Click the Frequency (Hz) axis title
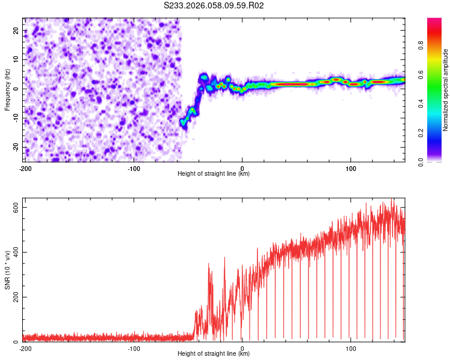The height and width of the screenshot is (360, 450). point(7,89)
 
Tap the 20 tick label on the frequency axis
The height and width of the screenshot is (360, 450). point(16,30)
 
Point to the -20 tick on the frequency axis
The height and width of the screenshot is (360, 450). point(15,148)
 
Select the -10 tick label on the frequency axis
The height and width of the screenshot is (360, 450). point(15,118)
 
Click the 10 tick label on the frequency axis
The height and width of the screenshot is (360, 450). point(16,59)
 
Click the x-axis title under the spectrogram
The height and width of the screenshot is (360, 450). point(214,174)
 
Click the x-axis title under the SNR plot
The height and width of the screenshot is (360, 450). point(214,355)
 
